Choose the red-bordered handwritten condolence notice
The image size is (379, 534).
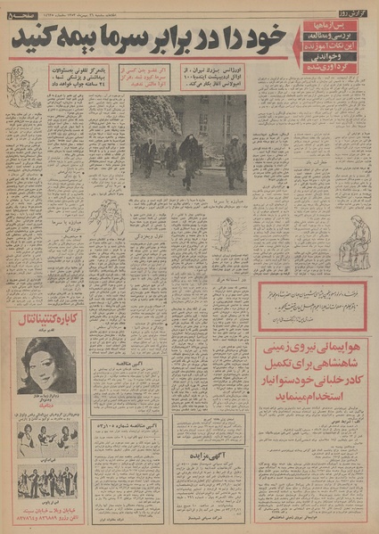click(312, 305)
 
